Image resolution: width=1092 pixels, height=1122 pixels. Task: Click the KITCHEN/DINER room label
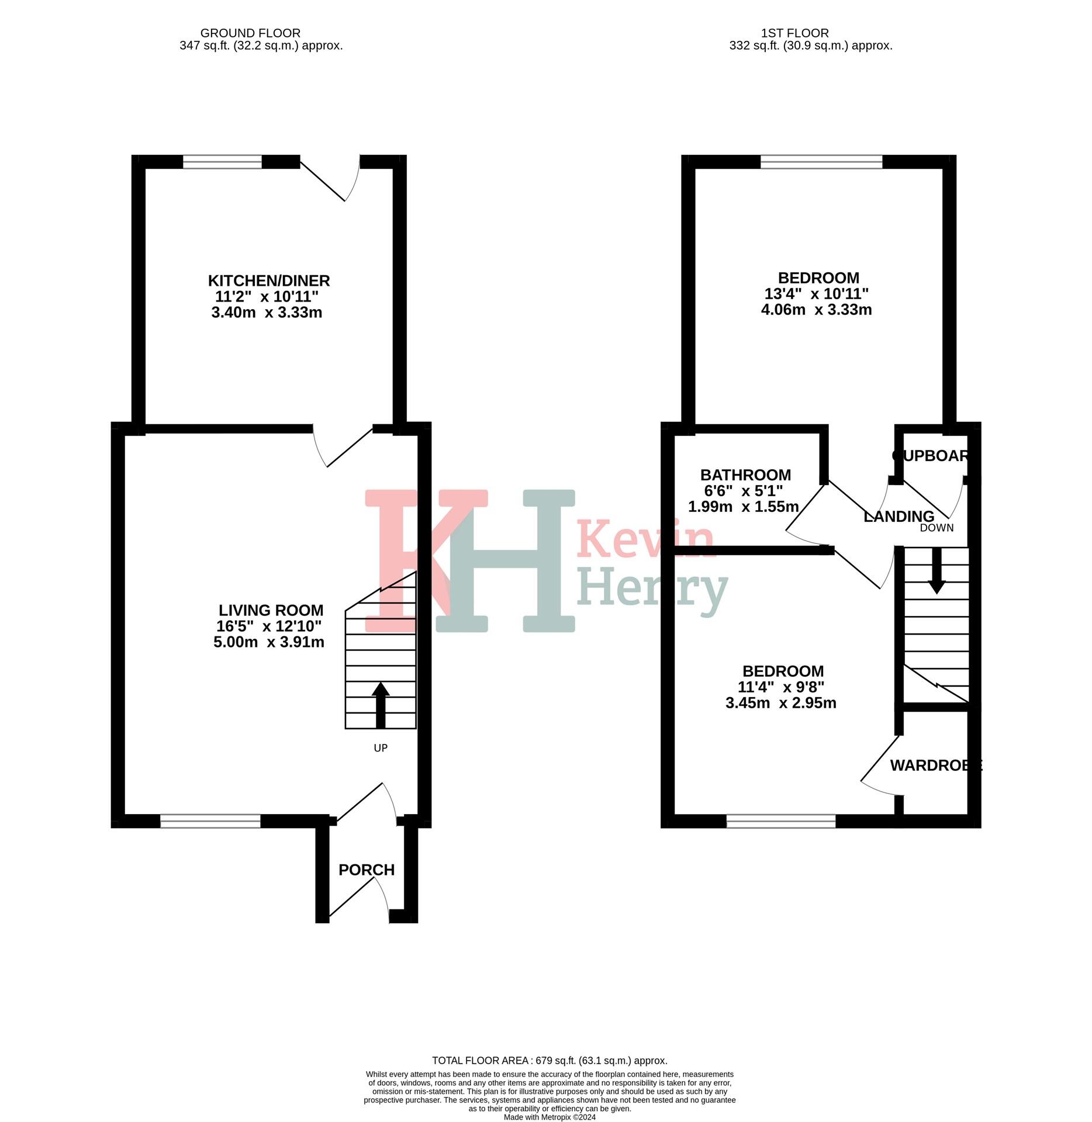[x=269, y=280]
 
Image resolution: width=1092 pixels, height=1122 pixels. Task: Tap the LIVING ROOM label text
[x=271, y=610]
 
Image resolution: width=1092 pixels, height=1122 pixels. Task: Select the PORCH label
[x=367, y=870]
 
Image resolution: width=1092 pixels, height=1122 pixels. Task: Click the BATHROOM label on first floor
[x=745, y=475]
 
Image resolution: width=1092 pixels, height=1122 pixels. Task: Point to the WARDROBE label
[x=935, y=765]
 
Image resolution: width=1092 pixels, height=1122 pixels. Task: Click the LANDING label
[x=899, y=517]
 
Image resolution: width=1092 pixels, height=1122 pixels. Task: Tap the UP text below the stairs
[x=381, y=748]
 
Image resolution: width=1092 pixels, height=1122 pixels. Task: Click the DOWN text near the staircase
[x=937, y=528]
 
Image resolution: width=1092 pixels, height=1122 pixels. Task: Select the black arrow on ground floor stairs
[x=381, y=704]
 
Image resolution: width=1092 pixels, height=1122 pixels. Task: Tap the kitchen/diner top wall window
[x=222, y=162]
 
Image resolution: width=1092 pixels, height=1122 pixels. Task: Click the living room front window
[x=210, y=821]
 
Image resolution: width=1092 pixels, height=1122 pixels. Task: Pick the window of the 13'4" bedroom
[x=821, y=162]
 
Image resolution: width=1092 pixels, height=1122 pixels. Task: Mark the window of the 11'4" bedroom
[x=781, y=821]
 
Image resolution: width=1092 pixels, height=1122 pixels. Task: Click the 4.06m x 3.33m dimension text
[x=816, y=310]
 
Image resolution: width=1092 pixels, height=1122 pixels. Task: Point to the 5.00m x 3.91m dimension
[x=269, y=642]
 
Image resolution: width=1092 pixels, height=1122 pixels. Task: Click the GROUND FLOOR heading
[x=250, y=33]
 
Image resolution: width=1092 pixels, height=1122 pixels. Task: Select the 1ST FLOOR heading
[x=794, y=33]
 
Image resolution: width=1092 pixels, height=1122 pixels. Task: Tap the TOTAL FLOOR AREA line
[x=550, y=1060]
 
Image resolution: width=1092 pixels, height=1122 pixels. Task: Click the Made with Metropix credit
[x=550, y=1117]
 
